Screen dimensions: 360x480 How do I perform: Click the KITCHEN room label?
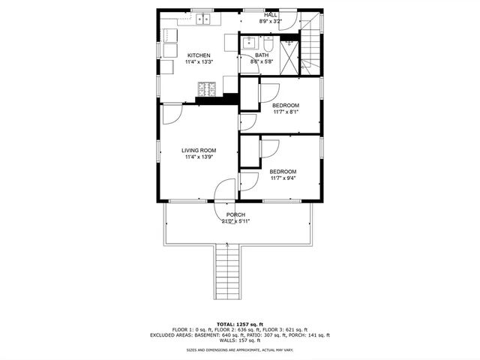click(199, 55)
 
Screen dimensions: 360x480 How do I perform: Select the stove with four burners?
click(205, 91)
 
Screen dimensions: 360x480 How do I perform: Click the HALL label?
click(270, 14)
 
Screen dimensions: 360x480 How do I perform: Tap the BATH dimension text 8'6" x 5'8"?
click(262, 61)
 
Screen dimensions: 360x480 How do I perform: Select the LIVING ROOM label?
click(199, 150)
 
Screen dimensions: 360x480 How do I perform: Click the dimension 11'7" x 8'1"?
click(285, 112)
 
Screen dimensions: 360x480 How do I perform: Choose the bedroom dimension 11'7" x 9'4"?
click(283, 178)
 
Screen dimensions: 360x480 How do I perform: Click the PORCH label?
click(235, 214)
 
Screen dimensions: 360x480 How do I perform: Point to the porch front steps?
click(227, 274)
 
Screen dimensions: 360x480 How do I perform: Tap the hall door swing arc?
click(290, 19)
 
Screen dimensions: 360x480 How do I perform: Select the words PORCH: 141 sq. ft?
click(306, 334)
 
